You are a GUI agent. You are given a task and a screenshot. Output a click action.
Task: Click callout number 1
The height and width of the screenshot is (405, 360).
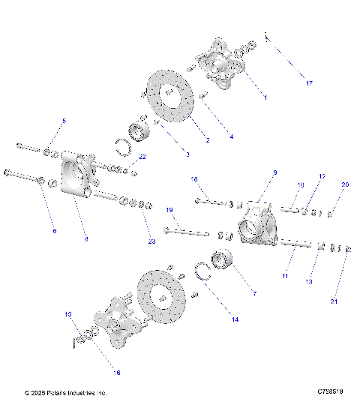tap(265, 97)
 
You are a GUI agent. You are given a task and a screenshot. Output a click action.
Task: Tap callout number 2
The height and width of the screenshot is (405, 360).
tap(208, 140)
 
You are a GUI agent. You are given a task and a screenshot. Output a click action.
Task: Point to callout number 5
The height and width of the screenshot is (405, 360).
tap(64, 121)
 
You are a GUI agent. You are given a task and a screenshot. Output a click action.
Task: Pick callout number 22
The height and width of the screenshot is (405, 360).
tap(142, 156)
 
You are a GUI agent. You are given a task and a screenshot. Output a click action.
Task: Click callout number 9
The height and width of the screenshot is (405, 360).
tap(274, 172)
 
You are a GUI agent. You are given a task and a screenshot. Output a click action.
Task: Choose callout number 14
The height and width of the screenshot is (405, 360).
tap(235, 319)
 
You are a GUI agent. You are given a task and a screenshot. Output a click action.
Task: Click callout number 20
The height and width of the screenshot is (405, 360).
tap(345, 184)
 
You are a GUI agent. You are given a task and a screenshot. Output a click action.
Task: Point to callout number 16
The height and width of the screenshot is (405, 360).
tap(116, 372)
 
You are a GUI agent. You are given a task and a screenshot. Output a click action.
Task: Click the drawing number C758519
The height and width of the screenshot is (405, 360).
tap(330, 391)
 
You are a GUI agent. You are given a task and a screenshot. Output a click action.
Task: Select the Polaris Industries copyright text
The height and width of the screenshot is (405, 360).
tap(66, 392)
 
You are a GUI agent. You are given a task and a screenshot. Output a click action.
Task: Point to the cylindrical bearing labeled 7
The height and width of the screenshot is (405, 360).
tap(225, 264)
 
